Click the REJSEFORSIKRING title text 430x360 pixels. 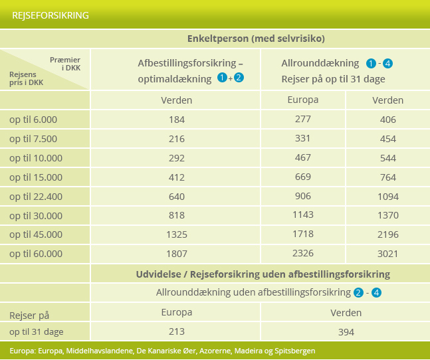[51, 15]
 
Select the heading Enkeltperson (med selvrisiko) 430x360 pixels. [256, 39]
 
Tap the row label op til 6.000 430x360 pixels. [33, 120]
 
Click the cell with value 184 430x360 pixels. [177, 120]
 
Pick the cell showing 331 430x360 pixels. [303, 138]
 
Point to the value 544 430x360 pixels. [387, 158]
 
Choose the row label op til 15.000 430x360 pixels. [36, 177]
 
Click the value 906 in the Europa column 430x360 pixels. [303, 196]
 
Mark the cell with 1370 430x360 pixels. [387, 215]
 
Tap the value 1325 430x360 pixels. [177, 234]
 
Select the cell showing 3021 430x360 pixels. [387, 254]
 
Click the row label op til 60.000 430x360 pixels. [36, 254]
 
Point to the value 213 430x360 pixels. [177, 331]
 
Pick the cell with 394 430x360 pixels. [346, 332]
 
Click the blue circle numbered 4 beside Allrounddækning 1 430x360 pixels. [387, 64]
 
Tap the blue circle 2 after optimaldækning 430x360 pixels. [239, 78]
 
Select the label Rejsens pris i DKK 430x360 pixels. [27, 78]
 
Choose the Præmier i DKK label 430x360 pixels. [65, 64]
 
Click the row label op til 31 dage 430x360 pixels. [36, 332]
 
